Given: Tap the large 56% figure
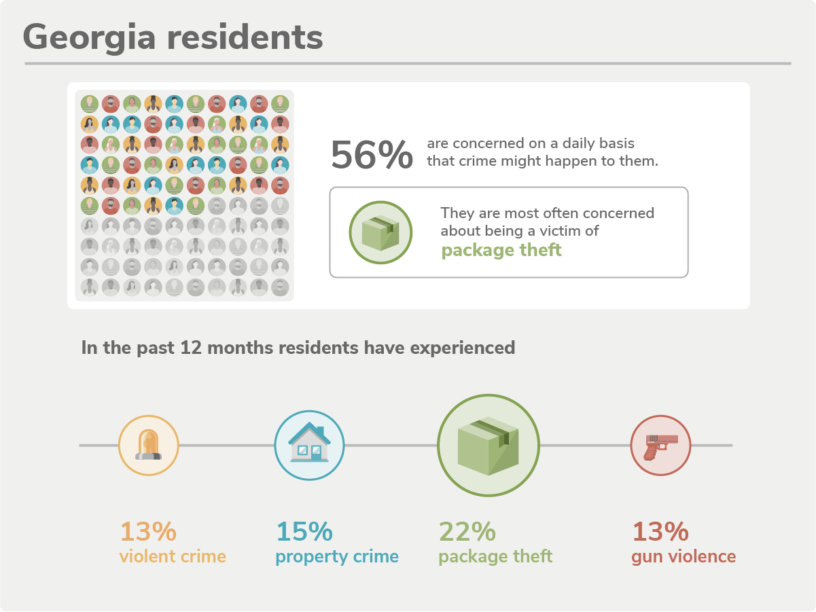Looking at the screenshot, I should click(x=372, y=155).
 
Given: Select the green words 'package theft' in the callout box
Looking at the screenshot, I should click(x=501, y=250).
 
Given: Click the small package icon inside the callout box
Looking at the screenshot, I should click(x=380, y=232).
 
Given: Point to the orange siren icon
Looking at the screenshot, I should click(x=148, y=445).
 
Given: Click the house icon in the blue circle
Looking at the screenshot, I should click(x=310, y=445).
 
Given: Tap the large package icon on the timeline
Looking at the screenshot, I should click(x=488, y=445).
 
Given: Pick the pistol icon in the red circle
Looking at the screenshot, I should click(x=660, y=445).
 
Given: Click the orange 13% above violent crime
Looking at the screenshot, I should click(x=148, y=531).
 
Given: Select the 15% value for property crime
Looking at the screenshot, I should click(x=304, y=531).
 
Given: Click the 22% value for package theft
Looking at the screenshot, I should click(x=468, y=531).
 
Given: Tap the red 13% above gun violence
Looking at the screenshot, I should click(x=660, y=531).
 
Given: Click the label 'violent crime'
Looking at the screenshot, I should click(x=173, y=556).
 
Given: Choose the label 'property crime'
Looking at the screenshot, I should click(x=337, y=556).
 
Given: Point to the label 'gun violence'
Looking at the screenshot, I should click(x=684, y=556).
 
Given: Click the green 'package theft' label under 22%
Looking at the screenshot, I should click(x=495, y=556).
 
